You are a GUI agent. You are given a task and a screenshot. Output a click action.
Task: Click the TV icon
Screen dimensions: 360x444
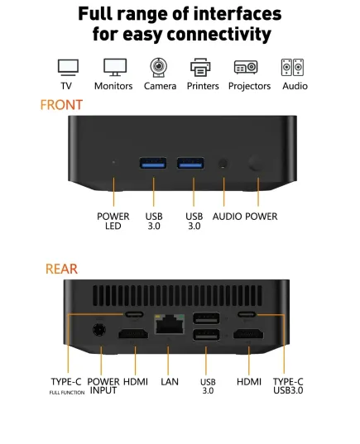(68, 68)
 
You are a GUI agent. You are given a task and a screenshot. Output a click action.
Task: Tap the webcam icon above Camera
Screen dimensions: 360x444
(158, 68)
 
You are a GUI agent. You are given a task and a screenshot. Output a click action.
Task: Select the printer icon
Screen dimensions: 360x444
(200, 68)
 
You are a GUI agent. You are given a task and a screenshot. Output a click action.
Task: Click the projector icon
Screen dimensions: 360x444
(246, 67)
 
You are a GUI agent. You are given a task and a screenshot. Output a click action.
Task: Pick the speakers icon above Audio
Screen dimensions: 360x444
(292, 68)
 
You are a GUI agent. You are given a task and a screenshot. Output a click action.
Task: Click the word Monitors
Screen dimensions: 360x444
(113, 86)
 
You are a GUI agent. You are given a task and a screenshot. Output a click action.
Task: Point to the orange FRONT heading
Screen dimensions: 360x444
(61, 105)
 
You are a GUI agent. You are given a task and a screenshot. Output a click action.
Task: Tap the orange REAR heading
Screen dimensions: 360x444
(61, 269)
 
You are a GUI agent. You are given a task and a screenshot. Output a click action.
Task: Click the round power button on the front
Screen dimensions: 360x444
(255, 164)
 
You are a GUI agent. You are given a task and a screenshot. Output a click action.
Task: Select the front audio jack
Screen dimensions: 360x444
(223, 164)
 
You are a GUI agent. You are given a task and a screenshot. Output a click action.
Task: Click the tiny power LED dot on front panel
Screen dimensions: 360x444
(113, 162)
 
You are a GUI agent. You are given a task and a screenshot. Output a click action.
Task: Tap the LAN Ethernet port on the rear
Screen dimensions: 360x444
(169, 323)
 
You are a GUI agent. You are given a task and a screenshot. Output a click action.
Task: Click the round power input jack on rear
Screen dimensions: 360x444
(99, 330)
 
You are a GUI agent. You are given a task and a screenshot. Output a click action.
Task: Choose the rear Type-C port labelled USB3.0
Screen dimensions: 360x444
(247, 314)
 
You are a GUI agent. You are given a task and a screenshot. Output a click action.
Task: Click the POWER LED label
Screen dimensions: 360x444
(113, 221)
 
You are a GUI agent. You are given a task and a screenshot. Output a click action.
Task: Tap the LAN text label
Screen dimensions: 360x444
(170, 382)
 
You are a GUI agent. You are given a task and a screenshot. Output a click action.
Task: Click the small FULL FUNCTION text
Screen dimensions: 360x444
(67, 393)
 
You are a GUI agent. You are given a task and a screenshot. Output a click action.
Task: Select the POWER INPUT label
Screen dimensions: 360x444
(103, 386)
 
